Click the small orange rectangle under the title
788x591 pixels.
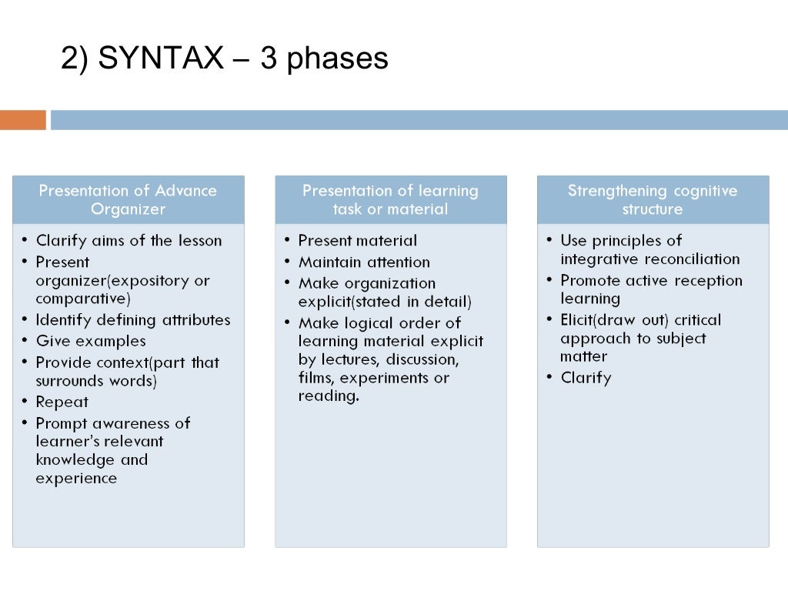[x=23, y=120]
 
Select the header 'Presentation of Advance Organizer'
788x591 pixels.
[x=128, y=199]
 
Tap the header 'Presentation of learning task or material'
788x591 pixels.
[x=390, y=199]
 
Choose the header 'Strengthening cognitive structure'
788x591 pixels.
[x=653, y=199]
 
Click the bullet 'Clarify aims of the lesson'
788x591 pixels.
[x=129, y=241]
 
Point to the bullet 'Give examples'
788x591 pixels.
[x=91, y=341]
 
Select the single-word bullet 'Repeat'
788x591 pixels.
[x=62, y=402]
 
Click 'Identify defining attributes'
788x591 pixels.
[x=133, y=319]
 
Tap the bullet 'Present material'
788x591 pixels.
[x=358, y=241]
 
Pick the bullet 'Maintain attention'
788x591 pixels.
[x=364, y=262]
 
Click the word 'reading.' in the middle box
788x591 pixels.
[x=329, y=397]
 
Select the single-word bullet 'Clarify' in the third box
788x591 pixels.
[x=586, y=378]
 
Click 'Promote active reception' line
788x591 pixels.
[x=651, y=281]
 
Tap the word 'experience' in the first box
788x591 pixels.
[x=76, y=479]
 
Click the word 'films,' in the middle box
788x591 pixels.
[x=316, y=378]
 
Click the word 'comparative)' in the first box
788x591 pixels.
[x=83, y=299]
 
